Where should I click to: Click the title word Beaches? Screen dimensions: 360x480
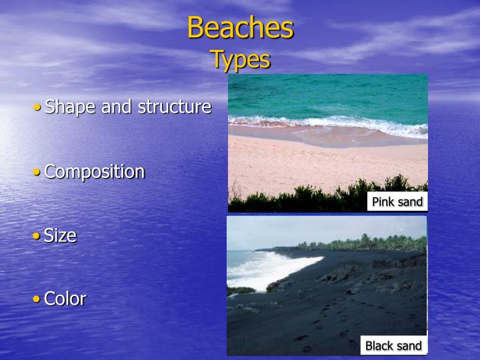[240, 28]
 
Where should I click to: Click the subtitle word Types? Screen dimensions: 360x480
[240, 59]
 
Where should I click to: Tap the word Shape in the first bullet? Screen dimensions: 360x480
[71, 107]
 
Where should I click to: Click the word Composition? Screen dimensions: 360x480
[94, 171]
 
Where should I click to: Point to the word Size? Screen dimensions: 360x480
[60, 235]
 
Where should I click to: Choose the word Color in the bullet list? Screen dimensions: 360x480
[65, 299]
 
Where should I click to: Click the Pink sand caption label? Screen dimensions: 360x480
[397, 202]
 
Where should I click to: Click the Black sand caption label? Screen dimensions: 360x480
[393, 345]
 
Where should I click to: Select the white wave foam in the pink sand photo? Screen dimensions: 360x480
[320, 123]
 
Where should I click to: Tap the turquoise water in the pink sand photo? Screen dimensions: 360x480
[327, 93]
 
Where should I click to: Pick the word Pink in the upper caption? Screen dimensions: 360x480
[384, 202]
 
